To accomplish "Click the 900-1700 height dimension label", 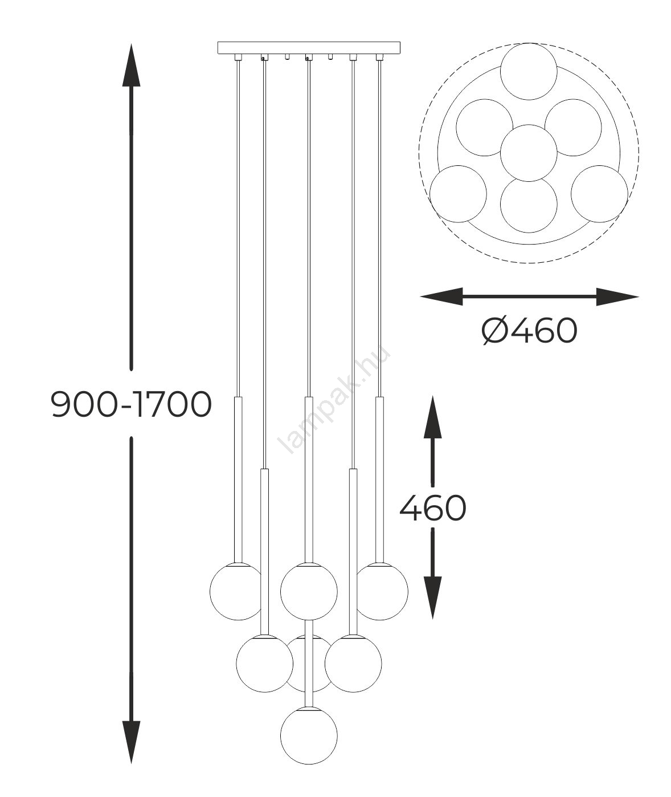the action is click(131, 404).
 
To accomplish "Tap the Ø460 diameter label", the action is click(529, 331).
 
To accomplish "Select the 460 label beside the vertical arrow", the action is click(433, 508).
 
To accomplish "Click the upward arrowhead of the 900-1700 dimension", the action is click(131, 65).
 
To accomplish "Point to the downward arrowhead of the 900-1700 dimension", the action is click(131, 742).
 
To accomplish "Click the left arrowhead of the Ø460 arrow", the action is click(441, 296).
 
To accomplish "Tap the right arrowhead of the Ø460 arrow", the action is click(617, 296).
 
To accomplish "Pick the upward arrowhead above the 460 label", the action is click(433, 417).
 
